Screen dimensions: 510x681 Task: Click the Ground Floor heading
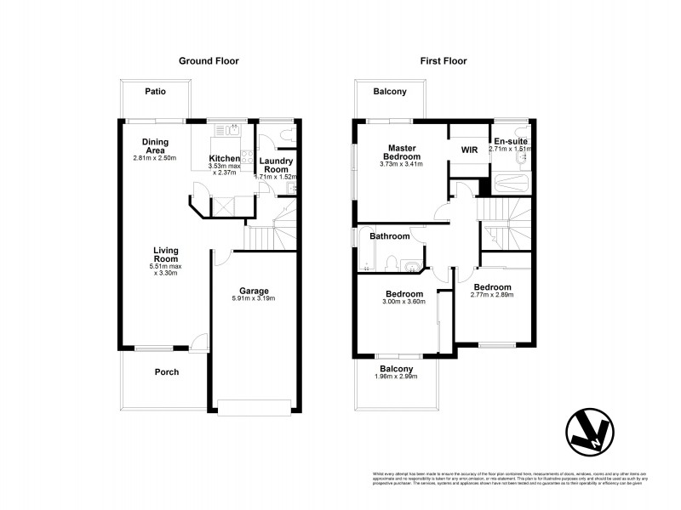coord(208,61)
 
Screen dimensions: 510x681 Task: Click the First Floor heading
coord(444,61)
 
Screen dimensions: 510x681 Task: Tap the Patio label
coord(154,91)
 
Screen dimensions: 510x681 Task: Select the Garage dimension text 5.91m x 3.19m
coord(254,298)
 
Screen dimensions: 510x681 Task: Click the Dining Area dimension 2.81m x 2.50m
coord(154,158)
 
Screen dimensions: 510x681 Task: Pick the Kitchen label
coord(225,159)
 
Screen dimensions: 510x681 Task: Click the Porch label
coord(166,371)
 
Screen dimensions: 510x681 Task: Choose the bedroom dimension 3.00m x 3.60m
coord(404,303)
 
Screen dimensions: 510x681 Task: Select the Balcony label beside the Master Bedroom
coord(390,91)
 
